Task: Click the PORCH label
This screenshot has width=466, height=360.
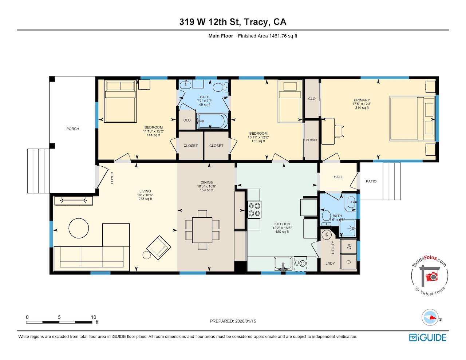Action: pyautogui.click(x=73, y=128)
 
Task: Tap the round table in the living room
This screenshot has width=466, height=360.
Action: pyautogui.click(x=79, y=228)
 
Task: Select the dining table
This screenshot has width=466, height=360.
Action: pyautogui.click(x=202, y=230)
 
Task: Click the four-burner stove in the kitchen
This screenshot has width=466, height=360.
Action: pyautogui.click(x=254, y=210)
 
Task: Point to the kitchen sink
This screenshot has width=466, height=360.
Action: pyautogui.click(x=283, y=264)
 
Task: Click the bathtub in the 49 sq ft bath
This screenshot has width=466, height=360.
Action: pyautogui.click(x=213, y=121)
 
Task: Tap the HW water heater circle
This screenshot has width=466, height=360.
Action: pyautogui.click(x=327, y=234)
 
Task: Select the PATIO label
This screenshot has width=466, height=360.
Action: pyautogui.click(x=371, y=181)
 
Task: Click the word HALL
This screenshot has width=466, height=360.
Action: pyautogui.click(x=338, y=177)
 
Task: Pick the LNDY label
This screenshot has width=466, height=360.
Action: pyautogui.click(x=330, y=263)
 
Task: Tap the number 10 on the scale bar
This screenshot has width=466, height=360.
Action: pyautogui.click(x=94, y=317)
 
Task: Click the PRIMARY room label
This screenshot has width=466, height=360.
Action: pyautogui.click(x=362, y=100)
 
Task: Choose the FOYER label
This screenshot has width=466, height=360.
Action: pyautogui.click(x=112, y=178)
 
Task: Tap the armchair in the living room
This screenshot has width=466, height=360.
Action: pyautogui.click(x=159, y=248)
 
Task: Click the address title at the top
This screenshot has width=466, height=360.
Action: pyautogui.click(x=233, y=22)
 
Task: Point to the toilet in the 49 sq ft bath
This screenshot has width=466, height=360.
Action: pyautogui.click(x=220, y=87)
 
